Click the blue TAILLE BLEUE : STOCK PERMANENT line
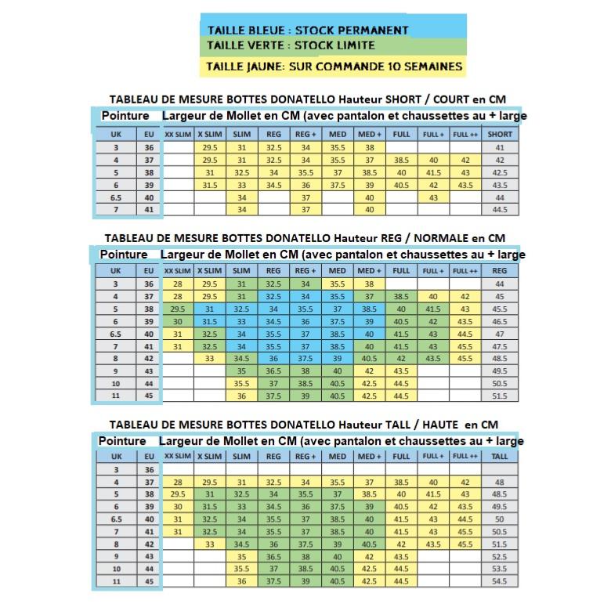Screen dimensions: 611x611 pos(308,30)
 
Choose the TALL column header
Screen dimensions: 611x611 pos(499,456)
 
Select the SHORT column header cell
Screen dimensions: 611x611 pos(500,134)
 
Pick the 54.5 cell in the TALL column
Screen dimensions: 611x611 pos(499,581)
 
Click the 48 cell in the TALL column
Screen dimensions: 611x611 pos(499,482)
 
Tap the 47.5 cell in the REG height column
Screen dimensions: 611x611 pos(499,346)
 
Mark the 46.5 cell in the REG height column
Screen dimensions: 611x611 pos(499,321)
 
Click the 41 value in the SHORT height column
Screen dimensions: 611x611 pos(500,147)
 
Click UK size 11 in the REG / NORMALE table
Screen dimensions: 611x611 pos(115,396)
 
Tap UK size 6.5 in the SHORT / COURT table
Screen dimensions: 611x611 pos(116,197)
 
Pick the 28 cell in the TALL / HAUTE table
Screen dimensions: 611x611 pos(178,482)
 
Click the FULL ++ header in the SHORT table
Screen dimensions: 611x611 pos(465,134)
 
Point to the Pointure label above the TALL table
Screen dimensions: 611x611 pos(122,441)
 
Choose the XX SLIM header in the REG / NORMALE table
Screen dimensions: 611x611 pos(178,270)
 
